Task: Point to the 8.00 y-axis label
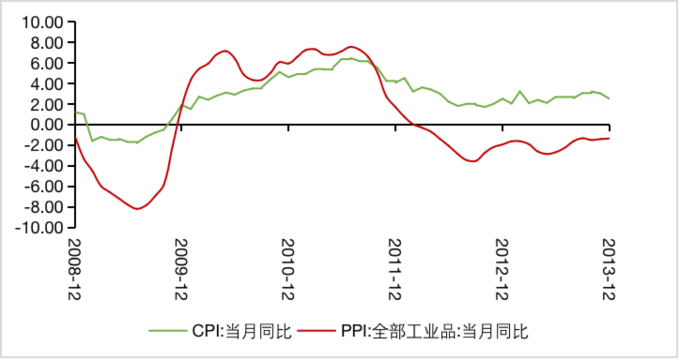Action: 46,43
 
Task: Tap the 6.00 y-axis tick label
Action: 46,64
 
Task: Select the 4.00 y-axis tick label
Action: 46,84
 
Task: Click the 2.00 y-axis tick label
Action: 46,104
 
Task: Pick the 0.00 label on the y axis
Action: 46,125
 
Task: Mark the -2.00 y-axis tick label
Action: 44,145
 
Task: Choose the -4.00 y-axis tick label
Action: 44,166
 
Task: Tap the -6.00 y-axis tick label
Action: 44,186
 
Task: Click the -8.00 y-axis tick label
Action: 44,207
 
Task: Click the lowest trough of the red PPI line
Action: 137,209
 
